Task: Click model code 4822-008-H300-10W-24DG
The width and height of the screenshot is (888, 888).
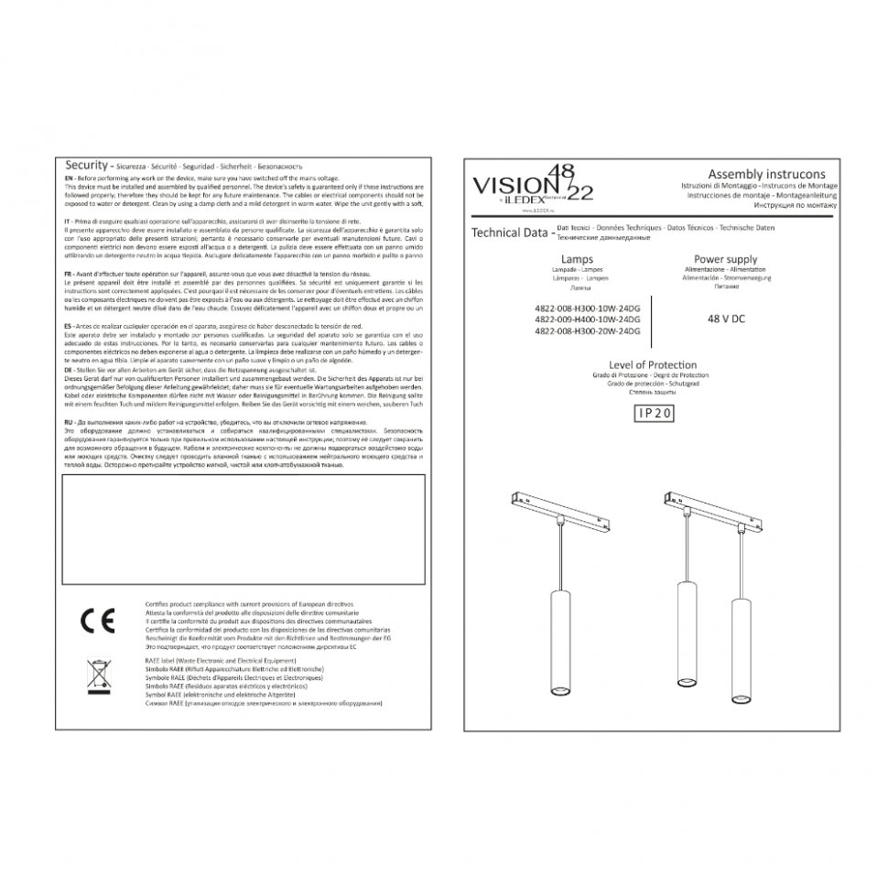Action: (x=586, y=309)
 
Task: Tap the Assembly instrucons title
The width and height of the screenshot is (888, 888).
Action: (x=766, y=174)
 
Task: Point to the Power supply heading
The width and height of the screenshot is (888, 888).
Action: (x=725, y=260)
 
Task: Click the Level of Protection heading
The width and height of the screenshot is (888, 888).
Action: (x=653, y=365)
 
